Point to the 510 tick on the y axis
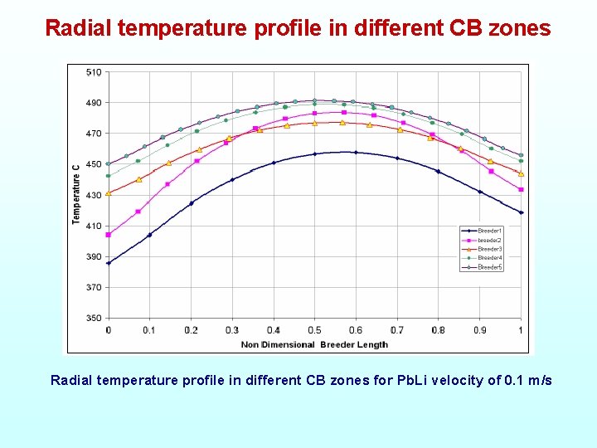coord(94,72)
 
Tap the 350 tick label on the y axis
coord(94,318)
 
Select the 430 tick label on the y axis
coord(94,195)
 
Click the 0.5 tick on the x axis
coord(314,330)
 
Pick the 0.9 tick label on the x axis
coord(479,330)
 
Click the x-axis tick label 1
coord(521,330)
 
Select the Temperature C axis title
coord(76,194)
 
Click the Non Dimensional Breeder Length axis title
coord(314,344)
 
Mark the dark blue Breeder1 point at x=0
coord(109,263)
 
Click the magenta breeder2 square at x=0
coord(109,235)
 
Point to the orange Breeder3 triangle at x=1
coord(521,174)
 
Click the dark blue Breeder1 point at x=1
coord(521,212)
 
